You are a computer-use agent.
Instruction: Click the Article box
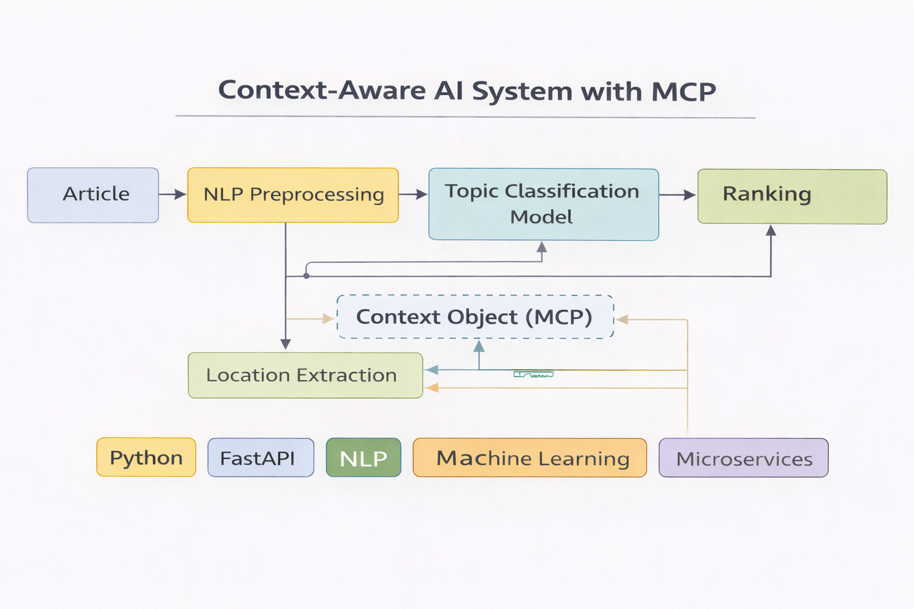[93, 195]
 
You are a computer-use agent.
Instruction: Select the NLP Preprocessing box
[293, 195]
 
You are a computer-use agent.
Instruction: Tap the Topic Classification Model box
[543, 204]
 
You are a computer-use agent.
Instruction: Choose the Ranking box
[791, 196]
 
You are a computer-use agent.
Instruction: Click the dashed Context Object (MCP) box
[475, 317]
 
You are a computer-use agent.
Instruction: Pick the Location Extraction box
[305, 375]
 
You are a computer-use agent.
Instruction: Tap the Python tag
[146, 457]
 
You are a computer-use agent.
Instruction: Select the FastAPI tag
[260, 458]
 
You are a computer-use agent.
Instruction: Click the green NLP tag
[363, 458]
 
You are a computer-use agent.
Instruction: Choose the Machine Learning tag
[530, 458]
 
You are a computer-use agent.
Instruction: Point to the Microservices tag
[743, 458]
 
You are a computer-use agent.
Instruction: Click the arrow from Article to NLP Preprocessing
[173, 194]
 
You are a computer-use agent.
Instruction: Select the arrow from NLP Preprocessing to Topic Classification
[413, 194]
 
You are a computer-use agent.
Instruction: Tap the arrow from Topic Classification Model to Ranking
[677, 195]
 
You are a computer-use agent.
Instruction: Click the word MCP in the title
[683, 92]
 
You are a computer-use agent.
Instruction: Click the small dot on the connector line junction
[306, 276]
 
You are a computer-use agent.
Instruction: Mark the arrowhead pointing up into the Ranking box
[771, 231]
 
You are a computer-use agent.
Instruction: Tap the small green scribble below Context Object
[533, 375]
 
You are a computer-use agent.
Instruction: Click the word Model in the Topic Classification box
[541, 217]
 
